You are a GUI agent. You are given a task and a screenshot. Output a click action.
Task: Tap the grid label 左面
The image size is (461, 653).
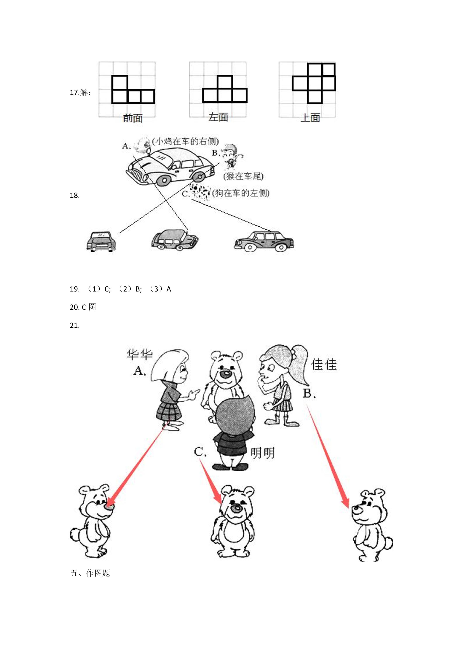click(x=218, y=117)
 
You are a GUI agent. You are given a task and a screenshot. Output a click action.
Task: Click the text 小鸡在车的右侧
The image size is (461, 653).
click(x=185, y=141)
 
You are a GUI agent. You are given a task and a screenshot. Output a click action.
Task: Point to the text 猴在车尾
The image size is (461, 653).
click(x=243, y=176)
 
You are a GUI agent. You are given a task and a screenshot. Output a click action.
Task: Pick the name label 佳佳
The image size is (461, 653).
click(x=324, y=365)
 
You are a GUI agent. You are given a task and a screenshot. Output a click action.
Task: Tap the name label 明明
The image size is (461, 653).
click(x=262, y=453)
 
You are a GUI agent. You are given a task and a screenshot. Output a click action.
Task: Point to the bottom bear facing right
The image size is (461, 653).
click(x=90, y=522)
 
